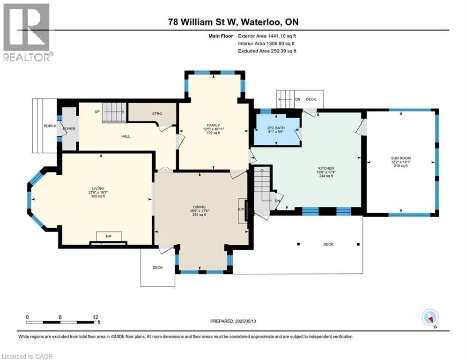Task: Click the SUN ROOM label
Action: click(x=400, y=158)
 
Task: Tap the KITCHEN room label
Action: click(x=326, y=168)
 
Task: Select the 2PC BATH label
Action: click(x=276, y=127)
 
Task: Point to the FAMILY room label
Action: click(x=214, y=125)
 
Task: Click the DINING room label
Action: click(x=199, y=207)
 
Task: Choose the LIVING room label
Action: click(x=98, y=188)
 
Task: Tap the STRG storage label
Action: click(x=157, y=113)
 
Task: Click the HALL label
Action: click(x=126, y=136)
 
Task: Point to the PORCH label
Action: click(x=50, y=126)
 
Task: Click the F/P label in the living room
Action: click(x=109, y=236)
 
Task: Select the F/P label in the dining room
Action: click(x=241, y=210)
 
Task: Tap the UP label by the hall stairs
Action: click(x=97, y=112)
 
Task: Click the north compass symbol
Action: click(x=430, y=317)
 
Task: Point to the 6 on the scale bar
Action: click(x=60, y=317)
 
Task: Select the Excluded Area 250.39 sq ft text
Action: click(x=267, y=51)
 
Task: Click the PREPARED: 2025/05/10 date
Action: click(x=233, y=321)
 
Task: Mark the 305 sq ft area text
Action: click(x=98, y=196)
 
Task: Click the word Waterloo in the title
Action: click(x=261, y=22)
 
